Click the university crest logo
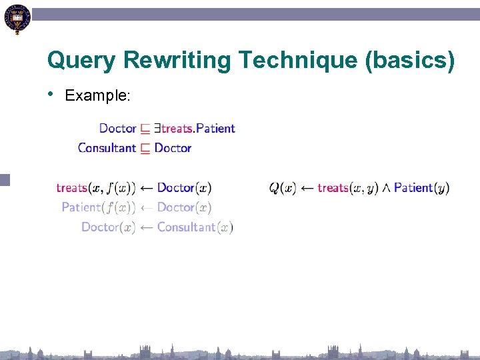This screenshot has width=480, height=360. click(16, 19)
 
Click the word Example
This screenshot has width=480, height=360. click(97, 96)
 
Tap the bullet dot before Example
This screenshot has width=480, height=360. click(51, 94)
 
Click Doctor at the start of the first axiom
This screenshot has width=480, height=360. click(117, 128)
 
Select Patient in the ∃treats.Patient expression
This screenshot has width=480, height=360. click(215, 128)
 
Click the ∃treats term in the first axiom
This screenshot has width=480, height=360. click(175, 128)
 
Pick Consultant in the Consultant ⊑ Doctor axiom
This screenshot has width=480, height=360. click(107, 148)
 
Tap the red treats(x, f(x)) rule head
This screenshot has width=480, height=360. click(96, 188)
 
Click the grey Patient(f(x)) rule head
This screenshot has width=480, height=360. click(99, 207)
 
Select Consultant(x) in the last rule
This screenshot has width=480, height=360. click(195, 227)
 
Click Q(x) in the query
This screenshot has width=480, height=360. click(283, 188)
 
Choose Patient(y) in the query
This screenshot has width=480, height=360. click(421, 188)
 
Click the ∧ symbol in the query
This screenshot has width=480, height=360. click(386, 189)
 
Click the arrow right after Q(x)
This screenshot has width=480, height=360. click(307, 188)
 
